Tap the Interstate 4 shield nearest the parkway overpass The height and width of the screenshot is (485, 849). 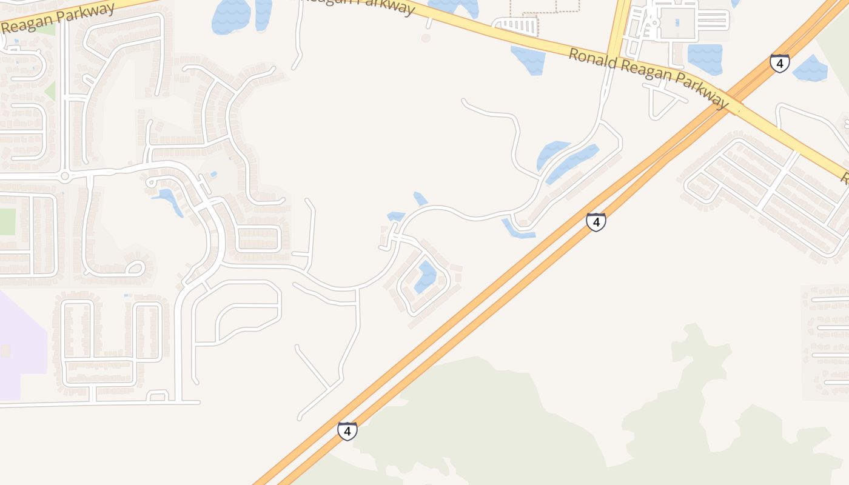[779, 62]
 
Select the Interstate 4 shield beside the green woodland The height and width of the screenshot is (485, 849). [347, 431]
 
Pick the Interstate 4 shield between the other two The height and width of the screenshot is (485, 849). [596, 222]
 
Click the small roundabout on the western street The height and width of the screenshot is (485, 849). [65, 176]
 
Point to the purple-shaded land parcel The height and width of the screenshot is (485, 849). [21, 346]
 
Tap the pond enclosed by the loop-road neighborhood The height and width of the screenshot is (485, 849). [426, 276]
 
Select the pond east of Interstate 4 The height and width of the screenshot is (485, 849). [810, 68]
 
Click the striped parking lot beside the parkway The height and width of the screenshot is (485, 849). [516, 26]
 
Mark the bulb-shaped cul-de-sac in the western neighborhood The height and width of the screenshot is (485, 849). [135, 267]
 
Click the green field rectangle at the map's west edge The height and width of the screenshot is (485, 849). [7, 221]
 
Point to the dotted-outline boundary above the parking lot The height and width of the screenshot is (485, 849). [545, 6]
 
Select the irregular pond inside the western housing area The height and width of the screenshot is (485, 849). [167, 199]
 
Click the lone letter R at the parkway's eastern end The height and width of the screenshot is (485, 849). [844, 177]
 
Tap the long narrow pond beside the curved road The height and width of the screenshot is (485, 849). [572, 162]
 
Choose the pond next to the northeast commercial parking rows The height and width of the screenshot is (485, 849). [705, 59]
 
